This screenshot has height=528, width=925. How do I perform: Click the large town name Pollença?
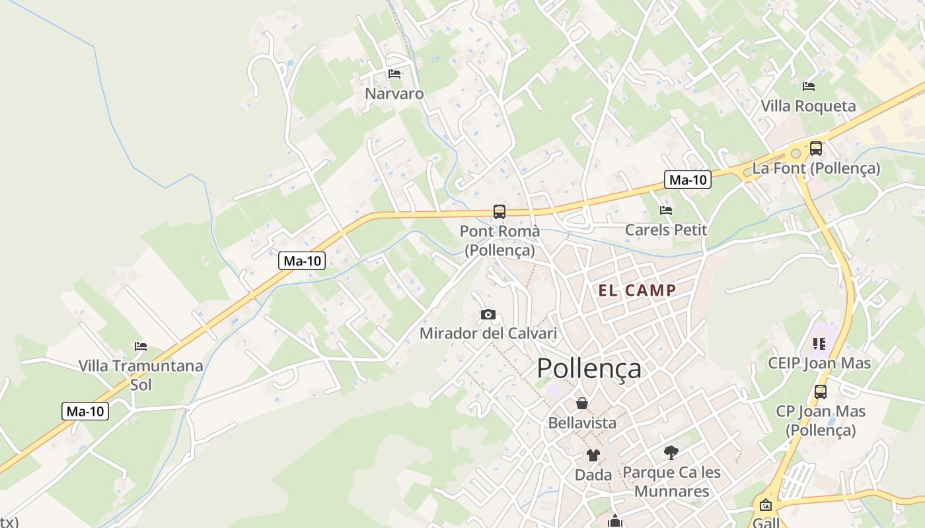589,368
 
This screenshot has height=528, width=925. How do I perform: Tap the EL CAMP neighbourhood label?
638,290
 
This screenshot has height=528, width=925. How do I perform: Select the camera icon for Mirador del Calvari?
488,314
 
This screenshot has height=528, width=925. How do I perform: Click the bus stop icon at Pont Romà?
499,212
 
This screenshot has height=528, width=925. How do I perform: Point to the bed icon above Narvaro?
394,74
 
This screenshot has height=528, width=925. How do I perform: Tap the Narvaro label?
394,94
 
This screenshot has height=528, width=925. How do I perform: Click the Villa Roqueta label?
808,106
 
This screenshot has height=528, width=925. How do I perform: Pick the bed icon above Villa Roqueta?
808,86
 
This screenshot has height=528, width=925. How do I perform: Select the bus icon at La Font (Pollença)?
816,148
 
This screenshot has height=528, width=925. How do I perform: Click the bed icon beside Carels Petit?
666,211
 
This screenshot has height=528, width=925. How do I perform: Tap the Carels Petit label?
666,230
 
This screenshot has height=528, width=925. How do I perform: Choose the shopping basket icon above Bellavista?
582,403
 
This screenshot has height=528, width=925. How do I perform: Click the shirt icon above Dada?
593,455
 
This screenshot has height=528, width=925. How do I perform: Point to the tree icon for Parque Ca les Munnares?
671,453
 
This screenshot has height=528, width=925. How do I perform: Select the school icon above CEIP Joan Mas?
819,344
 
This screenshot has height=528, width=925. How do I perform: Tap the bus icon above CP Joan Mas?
821,392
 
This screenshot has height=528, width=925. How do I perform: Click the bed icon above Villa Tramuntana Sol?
141,346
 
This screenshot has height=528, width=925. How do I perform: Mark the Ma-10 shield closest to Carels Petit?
688,180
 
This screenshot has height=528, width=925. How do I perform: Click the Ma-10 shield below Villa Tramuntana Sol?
86,411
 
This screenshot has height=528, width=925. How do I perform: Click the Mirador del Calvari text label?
488,333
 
